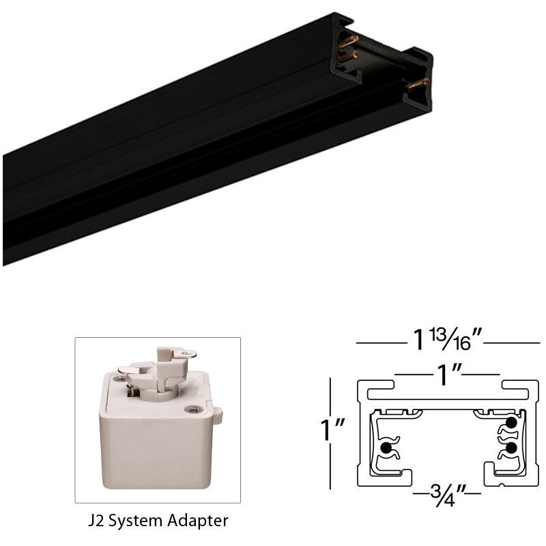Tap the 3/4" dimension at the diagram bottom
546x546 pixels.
[447, 491]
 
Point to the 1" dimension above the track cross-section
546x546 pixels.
[447, 374]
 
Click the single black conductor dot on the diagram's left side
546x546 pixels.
[386, 448]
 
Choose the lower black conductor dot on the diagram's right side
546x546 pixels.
[509, 449]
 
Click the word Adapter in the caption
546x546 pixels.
[198, 521]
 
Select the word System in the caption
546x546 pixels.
[138, 521]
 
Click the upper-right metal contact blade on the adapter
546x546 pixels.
[184, 354]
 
